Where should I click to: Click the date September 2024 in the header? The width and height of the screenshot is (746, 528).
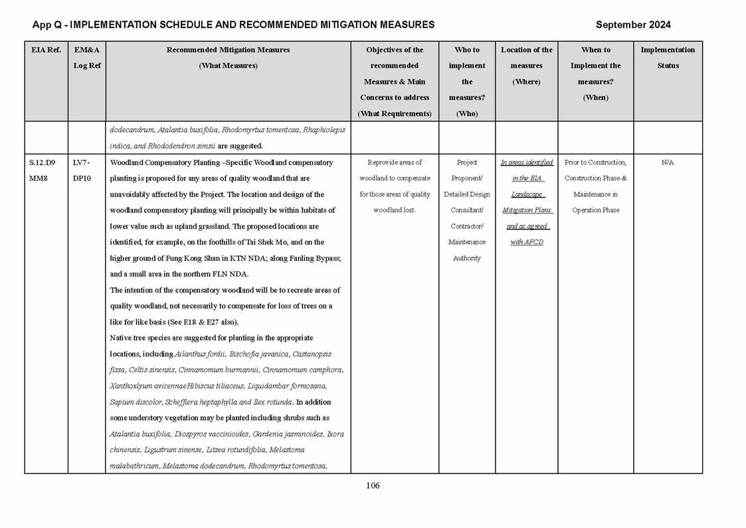pyautogui.click(x=632, y=25)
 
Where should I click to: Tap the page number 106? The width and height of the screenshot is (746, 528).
pyautogui.click(x=373, y=485)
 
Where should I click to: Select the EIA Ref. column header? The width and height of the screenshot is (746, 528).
pyautogui.click(x=46, y=50)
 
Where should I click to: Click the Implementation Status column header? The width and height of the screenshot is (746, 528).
pyautogui.click(x=668, y=58)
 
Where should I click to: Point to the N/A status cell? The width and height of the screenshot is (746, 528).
pyautogui.click(x=668, y=162)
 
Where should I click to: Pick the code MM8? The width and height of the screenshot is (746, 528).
pyautogui.click(x=39, y=178)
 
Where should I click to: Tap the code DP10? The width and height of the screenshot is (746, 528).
pyautogui.click(x=82, y=178)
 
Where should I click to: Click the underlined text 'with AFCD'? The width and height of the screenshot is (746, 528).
pyautogui.click(x=527, y=242)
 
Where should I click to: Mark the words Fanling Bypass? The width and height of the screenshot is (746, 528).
pyautogui.click(x=311, y=258)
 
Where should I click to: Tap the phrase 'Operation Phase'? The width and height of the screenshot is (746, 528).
pyautogui.click(x=595, y=210)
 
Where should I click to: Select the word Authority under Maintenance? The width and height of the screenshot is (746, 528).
pyautogui.click(x=466, y=258)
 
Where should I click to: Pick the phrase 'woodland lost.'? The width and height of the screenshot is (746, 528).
pyautogui.click(x=394, y=210)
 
